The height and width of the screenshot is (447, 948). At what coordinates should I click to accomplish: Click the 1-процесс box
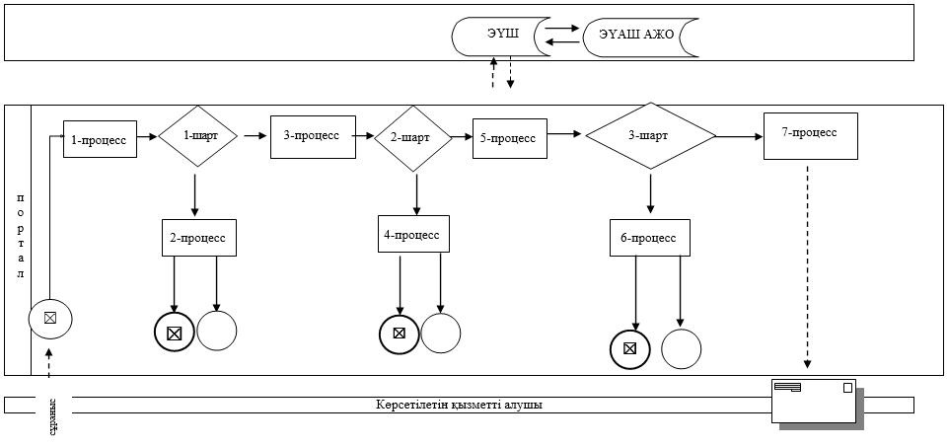pos(101,139)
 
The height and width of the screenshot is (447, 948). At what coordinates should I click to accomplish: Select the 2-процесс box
pos(199,238)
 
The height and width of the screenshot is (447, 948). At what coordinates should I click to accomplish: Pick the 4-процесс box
pos(414,234)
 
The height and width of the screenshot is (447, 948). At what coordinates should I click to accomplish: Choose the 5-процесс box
pos(510,138)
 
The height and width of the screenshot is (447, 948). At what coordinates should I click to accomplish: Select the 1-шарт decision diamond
pos(197,136)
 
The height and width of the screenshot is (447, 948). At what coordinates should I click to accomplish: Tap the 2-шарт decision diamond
pos(413,138)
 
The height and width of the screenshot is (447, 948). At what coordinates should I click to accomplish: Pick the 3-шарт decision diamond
pos(650,136)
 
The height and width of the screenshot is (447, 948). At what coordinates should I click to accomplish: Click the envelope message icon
pos(814,402)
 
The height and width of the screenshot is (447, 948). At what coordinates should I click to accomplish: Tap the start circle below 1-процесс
pos(50,318)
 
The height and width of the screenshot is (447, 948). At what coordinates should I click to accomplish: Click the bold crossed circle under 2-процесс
pos(175,333)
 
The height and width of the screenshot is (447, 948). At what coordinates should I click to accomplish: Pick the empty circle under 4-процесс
pos(441,334)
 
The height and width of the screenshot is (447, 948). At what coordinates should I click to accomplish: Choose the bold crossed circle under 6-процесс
pos(630,349)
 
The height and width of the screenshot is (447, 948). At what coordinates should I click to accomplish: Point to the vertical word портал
pos(20,236)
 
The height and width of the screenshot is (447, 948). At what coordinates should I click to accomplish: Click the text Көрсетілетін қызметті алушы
pos(459,405)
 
